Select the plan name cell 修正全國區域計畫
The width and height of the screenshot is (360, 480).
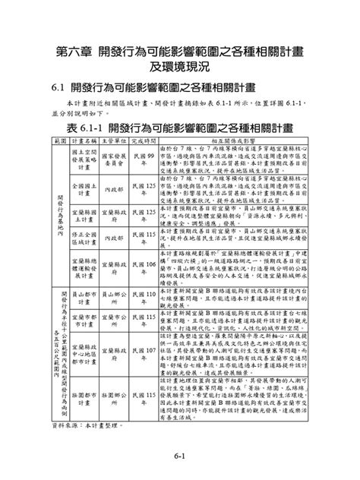point(81,237)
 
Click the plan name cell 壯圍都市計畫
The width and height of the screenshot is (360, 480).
point(81,394)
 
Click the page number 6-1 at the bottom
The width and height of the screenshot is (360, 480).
point(179,455)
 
